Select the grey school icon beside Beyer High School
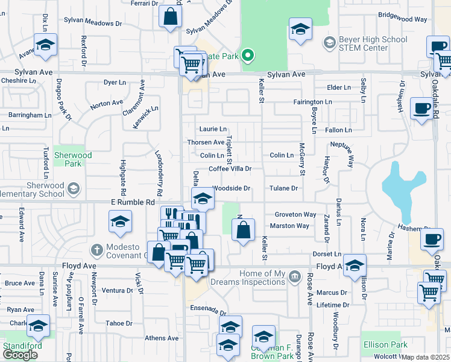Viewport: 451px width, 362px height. coord(329,42)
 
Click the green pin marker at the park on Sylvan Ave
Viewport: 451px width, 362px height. coord(247,56)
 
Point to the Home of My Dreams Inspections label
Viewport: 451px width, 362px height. coord(254,278)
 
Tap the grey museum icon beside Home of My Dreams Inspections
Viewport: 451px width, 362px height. coord(294,277)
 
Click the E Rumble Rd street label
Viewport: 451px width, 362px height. coord(133,203)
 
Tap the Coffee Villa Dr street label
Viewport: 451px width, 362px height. coord(230,170)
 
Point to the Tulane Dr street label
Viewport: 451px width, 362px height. coord(284,188)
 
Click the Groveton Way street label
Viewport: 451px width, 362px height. coord(295,214)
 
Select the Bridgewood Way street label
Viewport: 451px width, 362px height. coord(403,19)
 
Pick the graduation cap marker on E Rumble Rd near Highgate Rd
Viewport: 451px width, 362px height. coord(121,221)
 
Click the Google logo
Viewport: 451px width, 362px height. coord(20,355)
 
